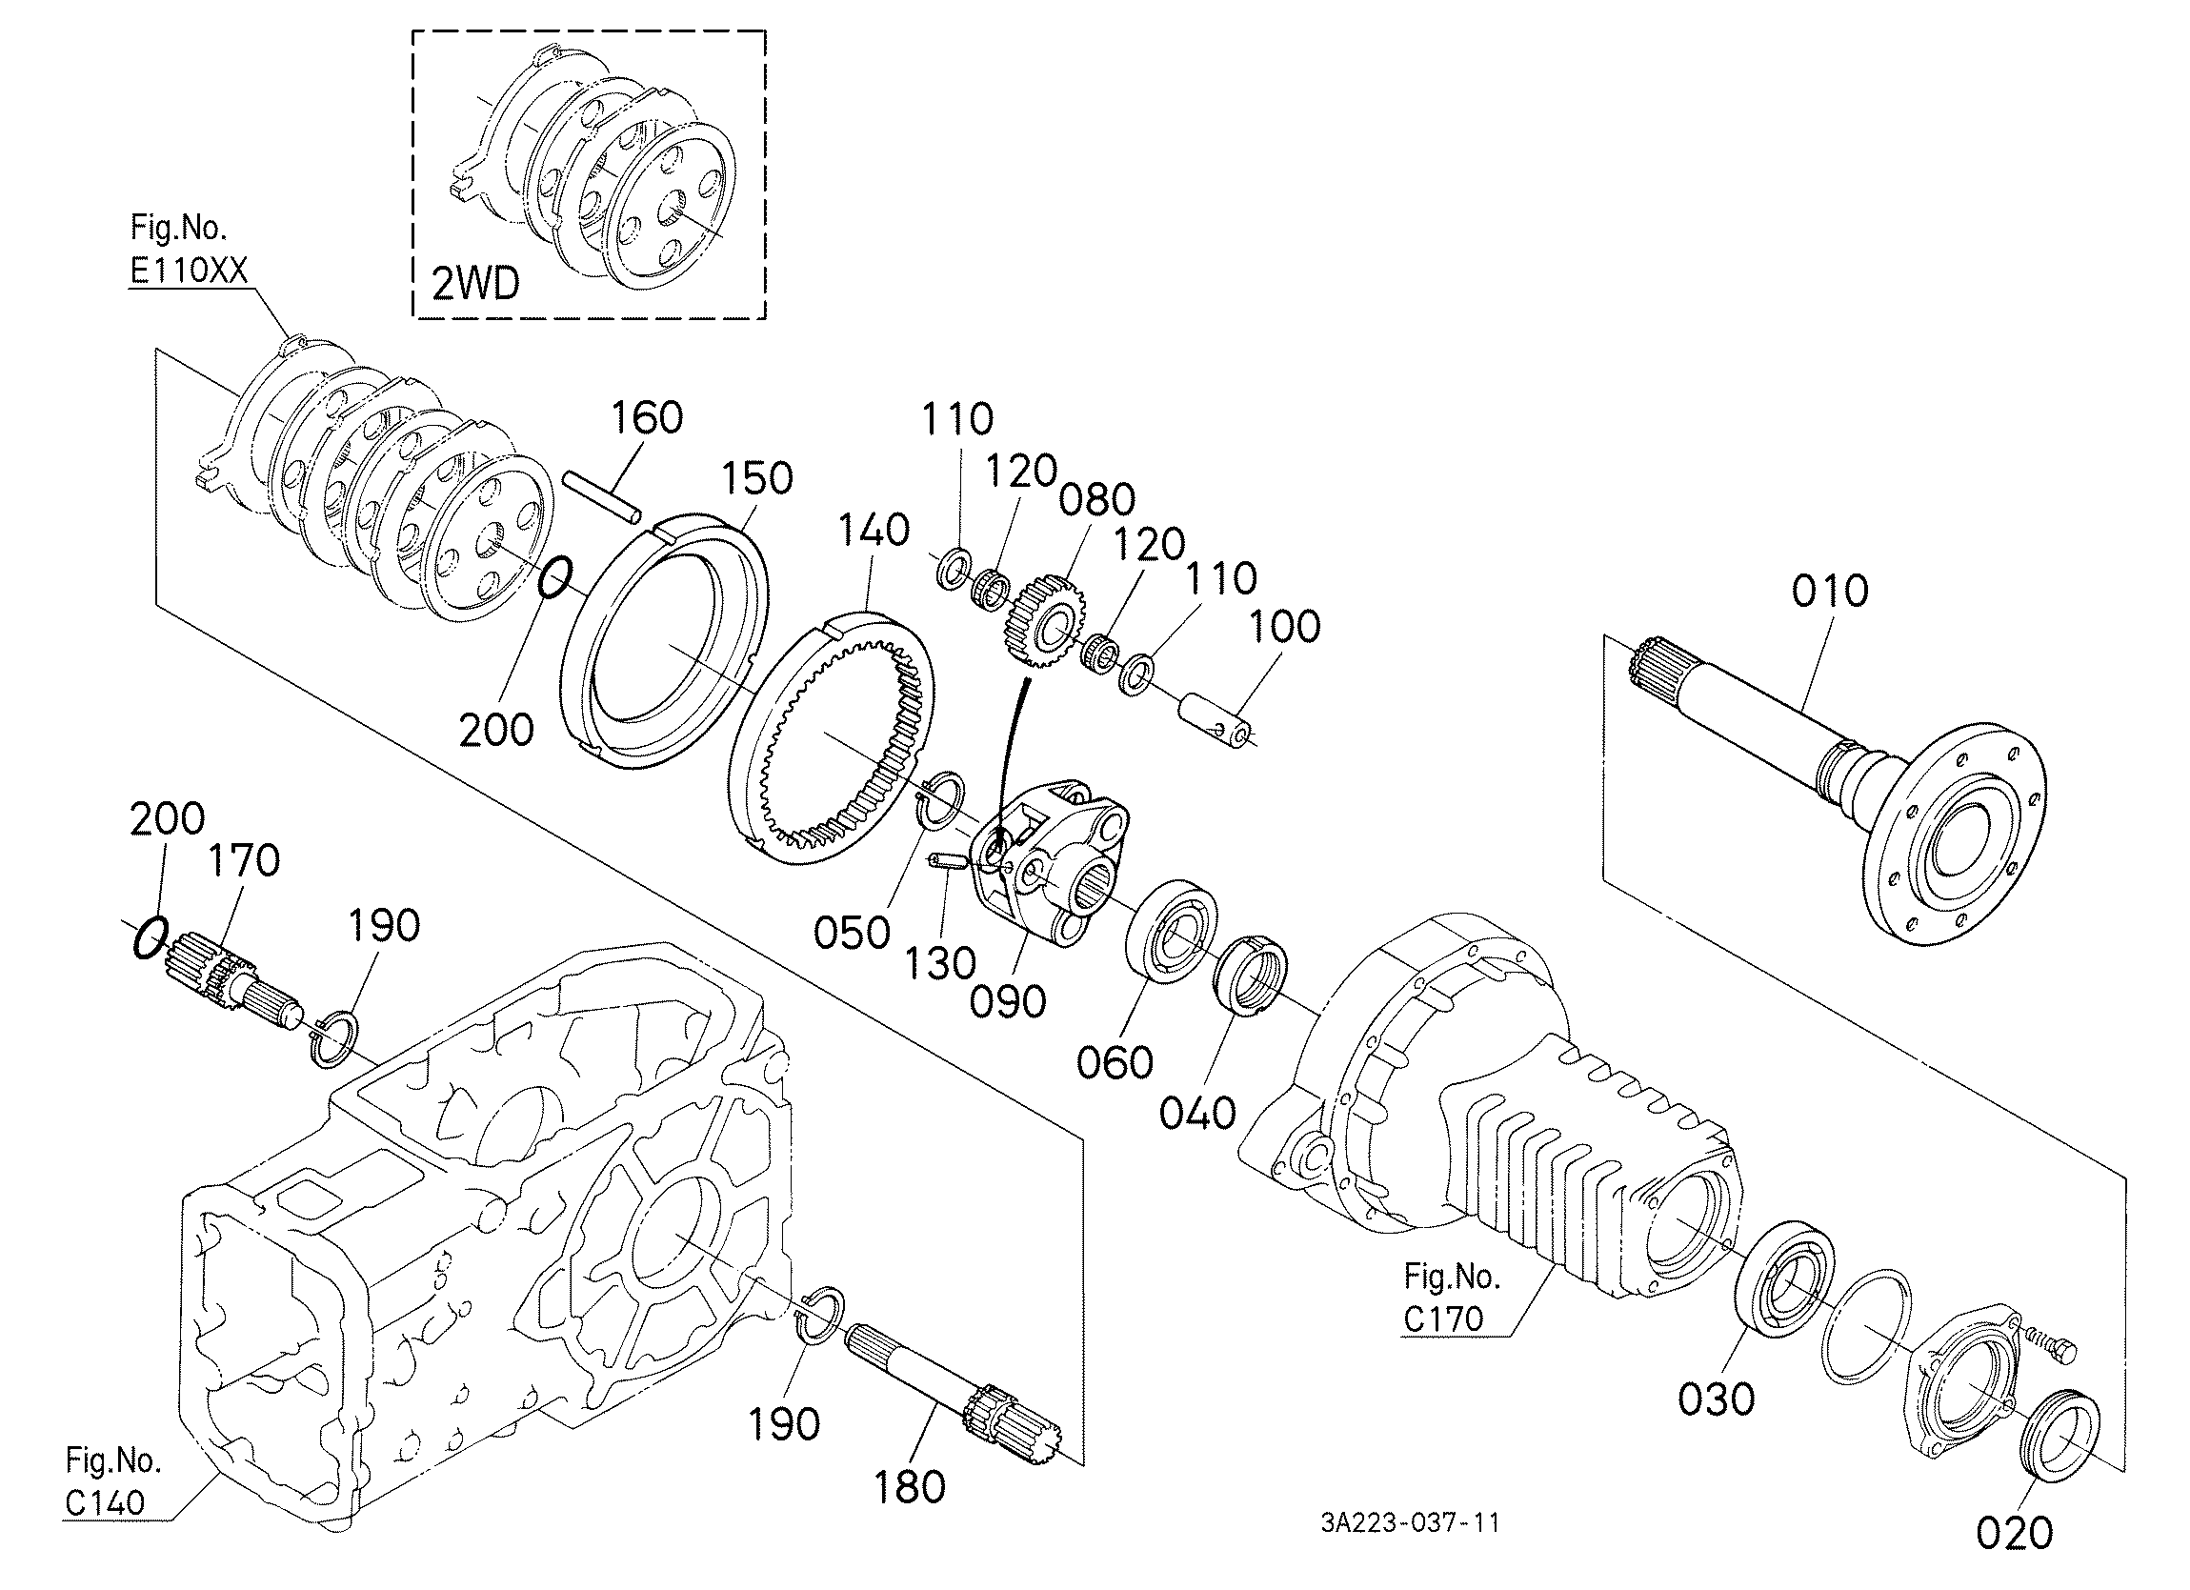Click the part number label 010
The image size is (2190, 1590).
1830,591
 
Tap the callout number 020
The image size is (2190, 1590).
2015,1532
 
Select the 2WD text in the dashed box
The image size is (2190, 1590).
475,285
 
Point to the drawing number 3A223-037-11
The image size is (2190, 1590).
1411,1523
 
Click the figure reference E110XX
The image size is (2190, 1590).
190,271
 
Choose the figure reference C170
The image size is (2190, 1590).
1442,1318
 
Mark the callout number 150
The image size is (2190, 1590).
757,478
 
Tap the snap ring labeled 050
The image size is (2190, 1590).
939,801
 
